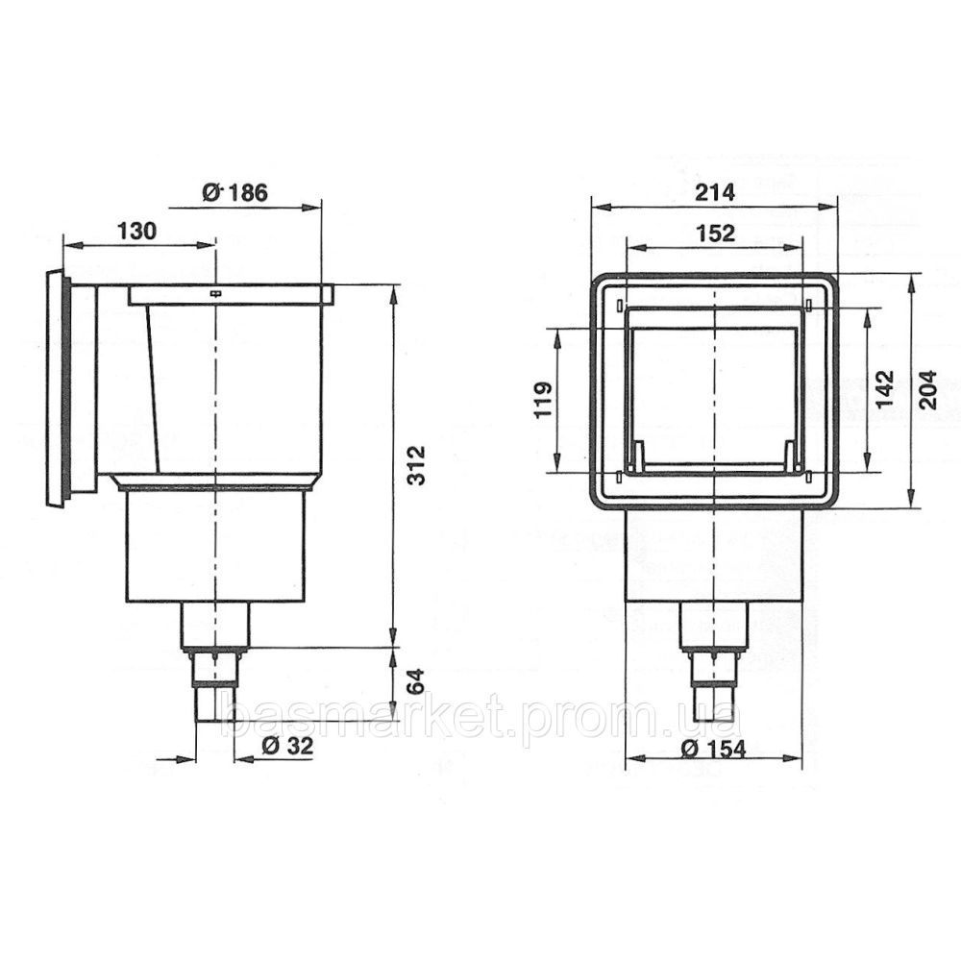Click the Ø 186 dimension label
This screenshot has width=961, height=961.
click(234, 192)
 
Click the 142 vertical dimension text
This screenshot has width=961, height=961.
click(885, 389)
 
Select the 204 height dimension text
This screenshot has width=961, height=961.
click(928, 389)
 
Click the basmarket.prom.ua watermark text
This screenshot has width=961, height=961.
click(480, 716)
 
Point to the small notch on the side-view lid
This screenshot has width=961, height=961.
click(216, 291)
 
